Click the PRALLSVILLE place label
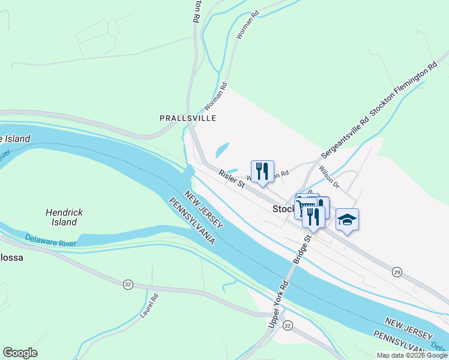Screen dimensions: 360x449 click(x=187, y=118)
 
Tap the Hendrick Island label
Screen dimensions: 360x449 click(x=64, y=217)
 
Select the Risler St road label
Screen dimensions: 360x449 click(x=231, y=178)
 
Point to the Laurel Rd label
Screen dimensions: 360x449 click(x=149, y=305)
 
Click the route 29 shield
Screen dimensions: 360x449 click(x=397, y=272)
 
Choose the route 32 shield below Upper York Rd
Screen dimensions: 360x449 click(x=288, y=325)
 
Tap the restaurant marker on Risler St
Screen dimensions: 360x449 click(x=262, y=172)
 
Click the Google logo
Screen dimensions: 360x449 click(x=20, y=353)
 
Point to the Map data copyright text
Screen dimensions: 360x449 click(x=411, y=355)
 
